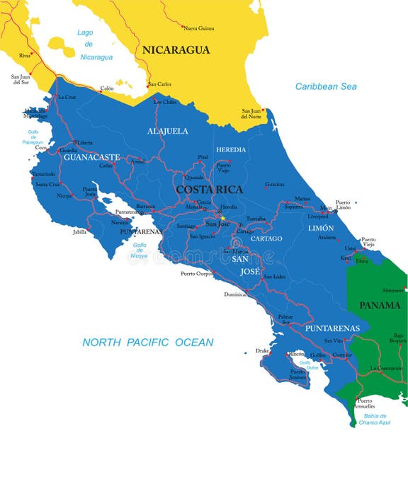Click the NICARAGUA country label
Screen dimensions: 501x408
click(176, 50)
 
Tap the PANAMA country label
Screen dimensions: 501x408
click(380, 305)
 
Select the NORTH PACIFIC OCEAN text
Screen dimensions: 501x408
click(147, 342)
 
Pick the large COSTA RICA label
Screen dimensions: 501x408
click(209, 190)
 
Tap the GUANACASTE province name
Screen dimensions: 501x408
click(91, 157)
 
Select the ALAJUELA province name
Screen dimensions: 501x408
click(168, 131)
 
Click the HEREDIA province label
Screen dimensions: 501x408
click(231, 150)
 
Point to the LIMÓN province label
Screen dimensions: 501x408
click(320, 229)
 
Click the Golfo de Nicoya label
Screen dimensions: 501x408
click(140, 250)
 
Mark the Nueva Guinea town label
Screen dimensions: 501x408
click(200, 28)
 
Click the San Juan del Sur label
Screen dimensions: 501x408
click(21, 79)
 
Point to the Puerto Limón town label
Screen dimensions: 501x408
click(343, 205)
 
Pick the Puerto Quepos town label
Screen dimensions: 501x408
click(197, 274)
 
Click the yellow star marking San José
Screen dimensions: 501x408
click(221, 218)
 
